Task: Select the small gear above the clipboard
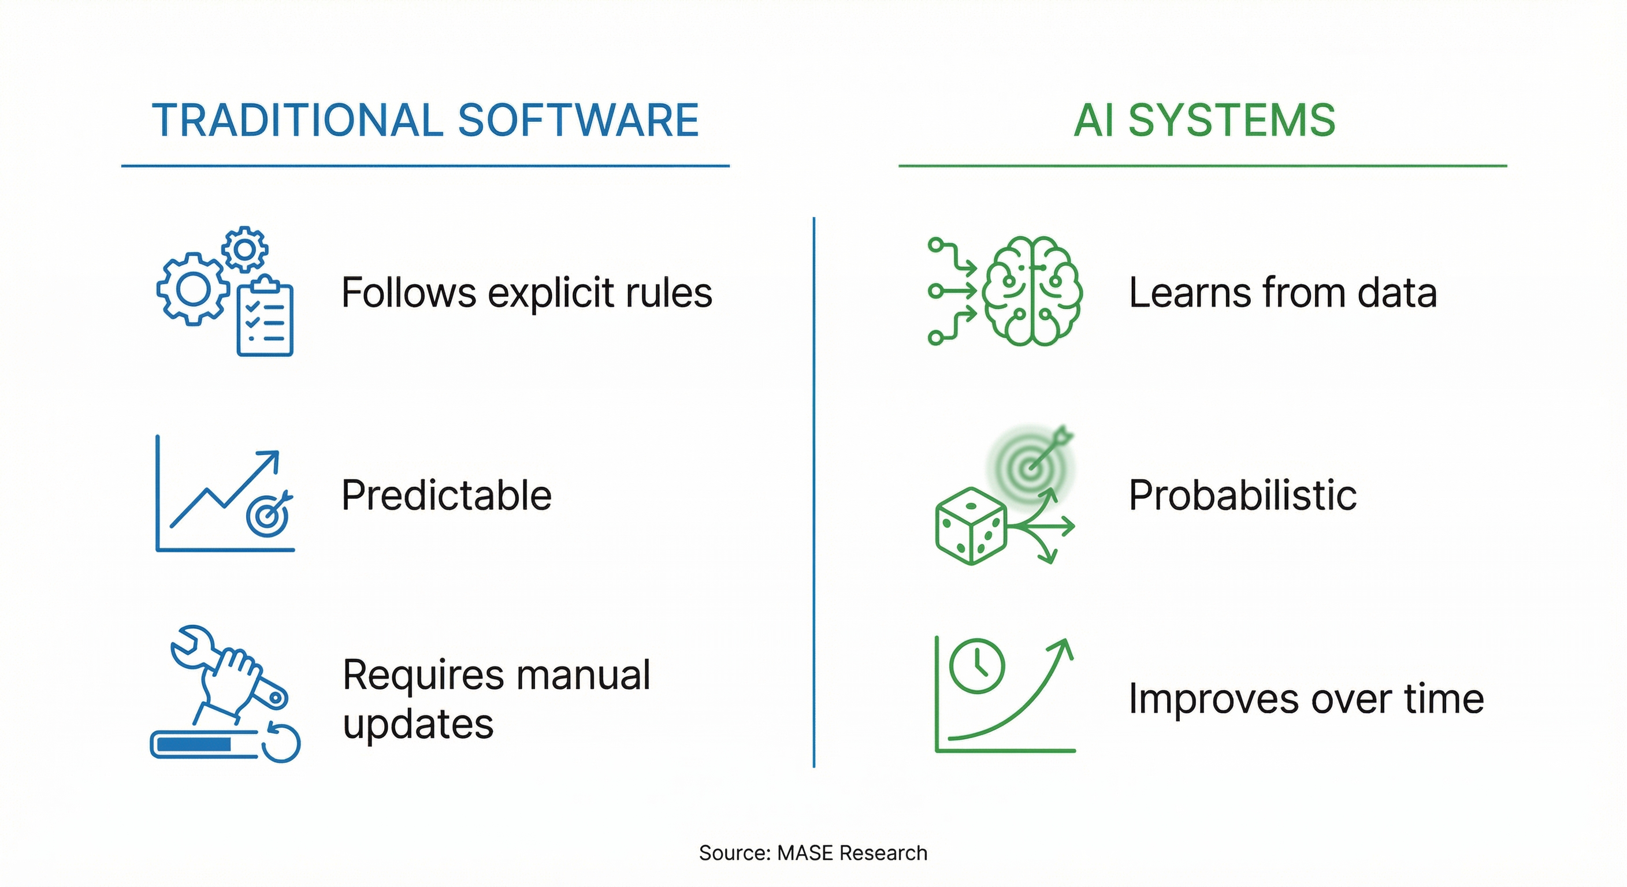click(245, 249)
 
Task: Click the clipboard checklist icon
click(265, 319)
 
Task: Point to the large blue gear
click(192, 289)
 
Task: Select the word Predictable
click(446, 495)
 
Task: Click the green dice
click(969, 526)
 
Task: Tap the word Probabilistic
click(1242, 495)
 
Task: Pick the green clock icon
click(976, 666)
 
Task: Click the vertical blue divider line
click(813, 493)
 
